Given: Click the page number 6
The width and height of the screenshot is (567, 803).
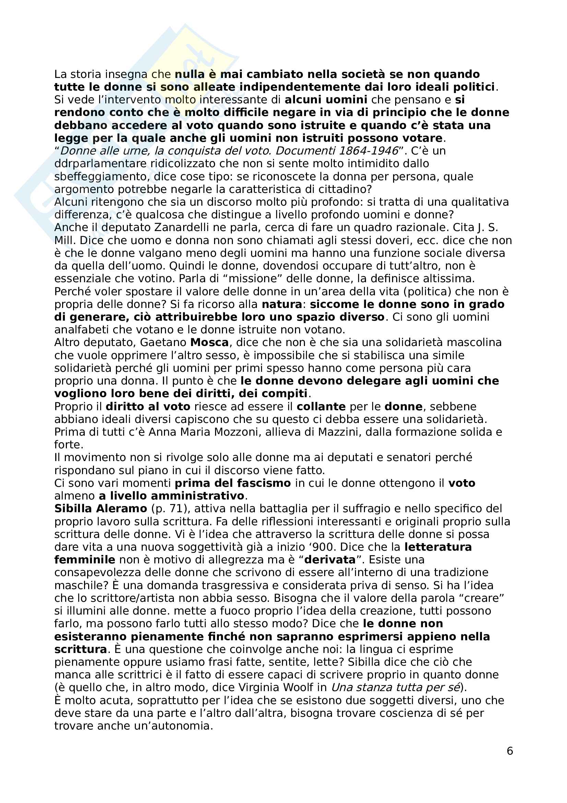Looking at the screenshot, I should [x=510, y=751].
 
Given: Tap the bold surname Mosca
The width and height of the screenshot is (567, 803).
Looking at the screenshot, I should [x=209, y=342].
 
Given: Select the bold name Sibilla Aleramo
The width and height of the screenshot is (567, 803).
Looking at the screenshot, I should [x=101, y=508].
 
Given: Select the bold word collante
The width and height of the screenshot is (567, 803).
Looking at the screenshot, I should [x=321, y=406].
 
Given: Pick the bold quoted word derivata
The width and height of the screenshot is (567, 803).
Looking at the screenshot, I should [x=330, y=560].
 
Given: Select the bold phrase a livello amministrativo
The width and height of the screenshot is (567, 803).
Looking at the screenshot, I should [x=172, y=496].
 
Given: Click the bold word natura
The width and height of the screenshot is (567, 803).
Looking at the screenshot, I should [x=282, y=304].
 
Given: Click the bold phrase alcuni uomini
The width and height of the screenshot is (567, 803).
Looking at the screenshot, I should [x=326, y=100].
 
